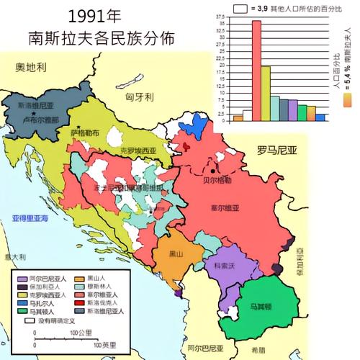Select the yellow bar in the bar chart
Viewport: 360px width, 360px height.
tap(266, 93)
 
